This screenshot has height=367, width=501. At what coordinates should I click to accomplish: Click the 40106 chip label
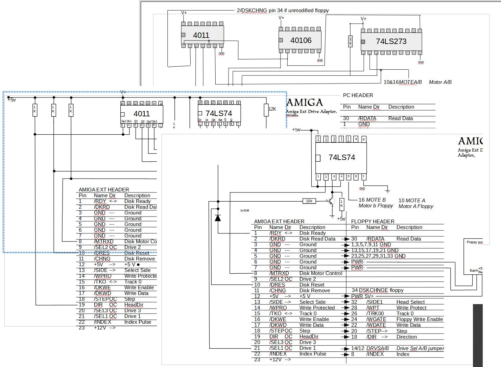(301, 41)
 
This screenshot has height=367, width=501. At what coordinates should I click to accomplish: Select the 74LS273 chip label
(391, 42)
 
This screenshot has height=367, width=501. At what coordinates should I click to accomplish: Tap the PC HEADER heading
(358, 95)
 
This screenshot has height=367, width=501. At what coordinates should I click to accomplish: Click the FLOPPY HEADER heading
(373, 222)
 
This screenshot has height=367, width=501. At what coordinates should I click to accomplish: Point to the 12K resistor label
(272, 109)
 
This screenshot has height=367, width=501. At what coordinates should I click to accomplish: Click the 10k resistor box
(309, 201)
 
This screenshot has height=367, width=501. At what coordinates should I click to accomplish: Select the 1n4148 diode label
(245, 211)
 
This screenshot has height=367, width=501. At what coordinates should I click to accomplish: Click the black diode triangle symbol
(218, 217)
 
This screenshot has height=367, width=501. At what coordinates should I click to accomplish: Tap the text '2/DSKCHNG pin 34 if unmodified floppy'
(283, 10)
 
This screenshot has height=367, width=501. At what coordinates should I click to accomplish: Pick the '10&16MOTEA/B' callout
(403, 82)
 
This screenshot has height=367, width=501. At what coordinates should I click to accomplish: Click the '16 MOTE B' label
(372, 200)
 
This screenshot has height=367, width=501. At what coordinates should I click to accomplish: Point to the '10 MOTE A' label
(412, 201)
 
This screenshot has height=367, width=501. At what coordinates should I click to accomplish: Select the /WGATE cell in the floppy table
(376, 319)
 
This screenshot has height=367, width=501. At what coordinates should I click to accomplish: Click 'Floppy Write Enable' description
(420, 319)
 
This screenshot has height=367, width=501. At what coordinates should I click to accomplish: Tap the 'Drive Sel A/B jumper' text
(420, 348)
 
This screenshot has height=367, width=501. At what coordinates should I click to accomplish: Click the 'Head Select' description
(410, 302)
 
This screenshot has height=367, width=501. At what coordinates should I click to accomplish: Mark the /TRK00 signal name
(375, 314)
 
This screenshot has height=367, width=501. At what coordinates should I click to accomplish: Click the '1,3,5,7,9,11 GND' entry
(371, 245)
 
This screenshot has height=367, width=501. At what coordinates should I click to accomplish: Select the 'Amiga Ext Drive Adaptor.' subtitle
(311, 112)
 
